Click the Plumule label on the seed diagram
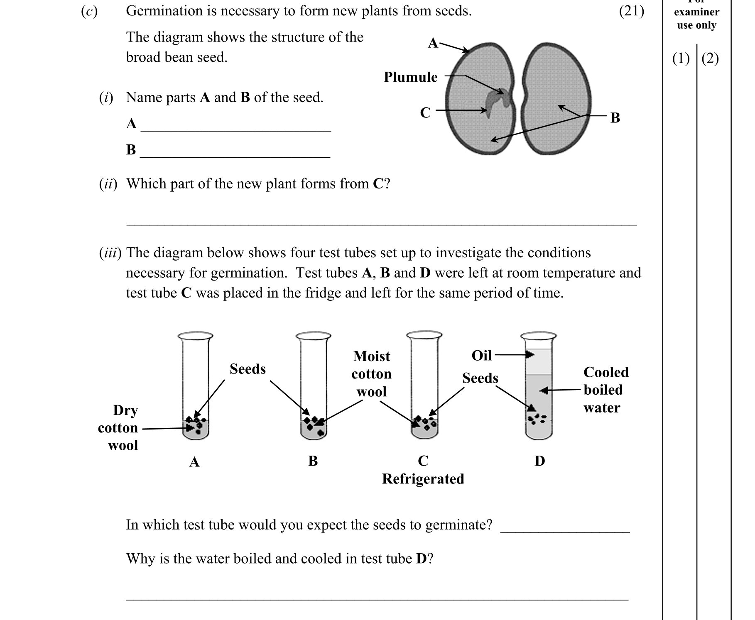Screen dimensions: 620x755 tap(410, 77)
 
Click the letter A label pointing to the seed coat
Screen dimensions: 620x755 tap(433, 43)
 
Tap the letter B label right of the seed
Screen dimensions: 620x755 tap(615, 118)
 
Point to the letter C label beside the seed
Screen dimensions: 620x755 tap(425, 112)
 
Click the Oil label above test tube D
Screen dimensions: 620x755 tap(481, 356)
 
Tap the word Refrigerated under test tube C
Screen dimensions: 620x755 tap(423, 479)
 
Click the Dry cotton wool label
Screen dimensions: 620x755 tap(120, 428)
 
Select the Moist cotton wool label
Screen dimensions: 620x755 tap(371, 374)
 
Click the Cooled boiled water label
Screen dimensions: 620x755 tap(605, 390)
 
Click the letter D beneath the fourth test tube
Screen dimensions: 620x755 tap(539, 461)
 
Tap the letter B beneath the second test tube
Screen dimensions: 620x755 tap(313, 461)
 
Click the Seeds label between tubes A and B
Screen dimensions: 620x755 tap(248, 369)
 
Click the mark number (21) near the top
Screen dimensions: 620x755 tap(631, 11)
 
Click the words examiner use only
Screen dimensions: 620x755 tap(696, 19)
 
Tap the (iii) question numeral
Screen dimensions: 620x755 tap(110, 253)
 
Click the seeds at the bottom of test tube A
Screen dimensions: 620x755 tap(195, 424)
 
